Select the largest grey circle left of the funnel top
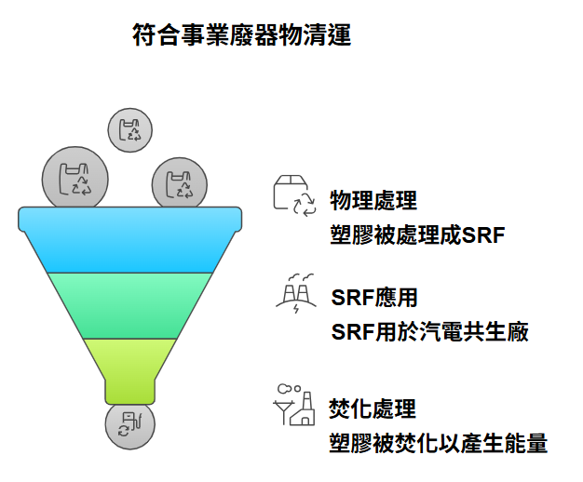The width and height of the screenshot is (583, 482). click(75, 179)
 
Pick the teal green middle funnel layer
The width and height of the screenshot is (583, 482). click(130, 305)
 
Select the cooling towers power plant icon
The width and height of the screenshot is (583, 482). click(295, 292)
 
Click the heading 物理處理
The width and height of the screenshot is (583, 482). click(373, 200)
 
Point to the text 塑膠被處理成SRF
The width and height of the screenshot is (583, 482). click(417, 234)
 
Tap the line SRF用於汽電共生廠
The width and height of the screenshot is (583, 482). click(429, 331)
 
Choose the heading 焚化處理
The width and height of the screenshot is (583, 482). click(373, 408)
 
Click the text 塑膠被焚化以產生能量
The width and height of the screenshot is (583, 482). click(439, 442)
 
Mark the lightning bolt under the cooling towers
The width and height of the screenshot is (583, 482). click(296, 308)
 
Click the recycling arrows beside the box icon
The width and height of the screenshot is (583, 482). click(305, 206)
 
